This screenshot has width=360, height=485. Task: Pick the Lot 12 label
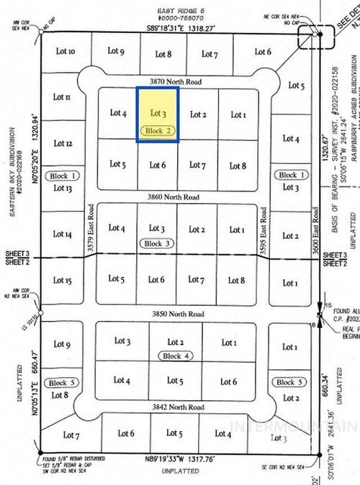coord(63,143)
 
